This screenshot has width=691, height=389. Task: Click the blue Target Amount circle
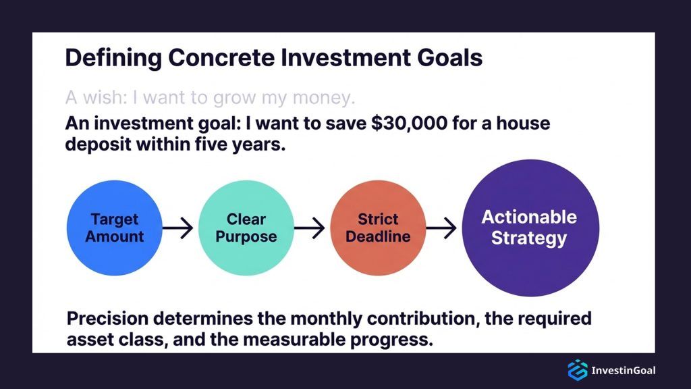pos(115,228)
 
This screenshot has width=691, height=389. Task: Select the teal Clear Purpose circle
pos(246,228)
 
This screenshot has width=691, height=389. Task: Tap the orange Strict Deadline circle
pos(378,228)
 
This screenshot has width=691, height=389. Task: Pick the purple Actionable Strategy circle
pos(529,228)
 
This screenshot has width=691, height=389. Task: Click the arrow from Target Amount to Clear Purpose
pos(178,229)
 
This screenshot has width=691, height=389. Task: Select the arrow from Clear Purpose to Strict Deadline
pos(310,229)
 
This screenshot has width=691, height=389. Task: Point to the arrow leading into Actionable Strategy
pos(441,229)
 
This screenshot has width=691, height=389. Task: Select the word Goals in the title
pos(448,58)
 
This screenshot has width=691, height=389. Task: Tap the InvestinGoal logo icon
pos(577,370)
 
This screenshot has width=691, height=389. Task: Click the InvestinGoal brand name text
pos(623,370)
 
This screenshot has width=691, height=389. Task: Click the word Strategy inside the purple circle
pos(529,238)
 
